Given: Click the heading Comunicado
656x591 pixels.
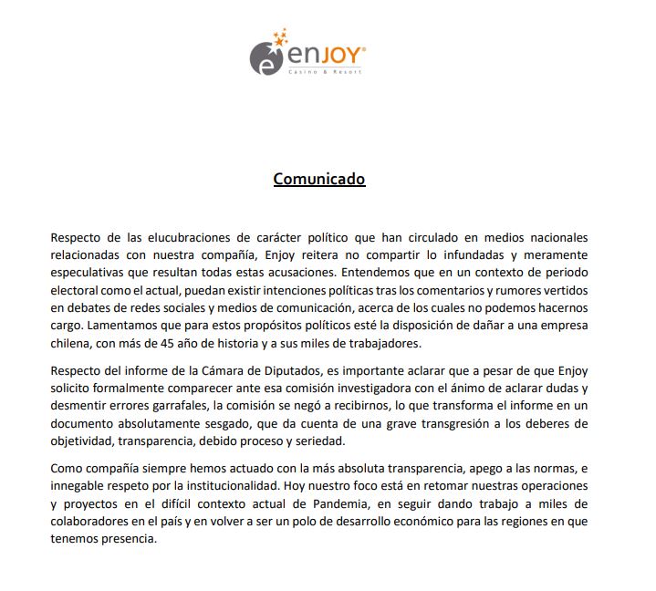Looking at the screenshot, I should pos(319,179).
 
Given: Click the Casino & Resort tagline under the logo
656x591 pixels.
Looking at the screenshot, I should pos(324,72).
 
